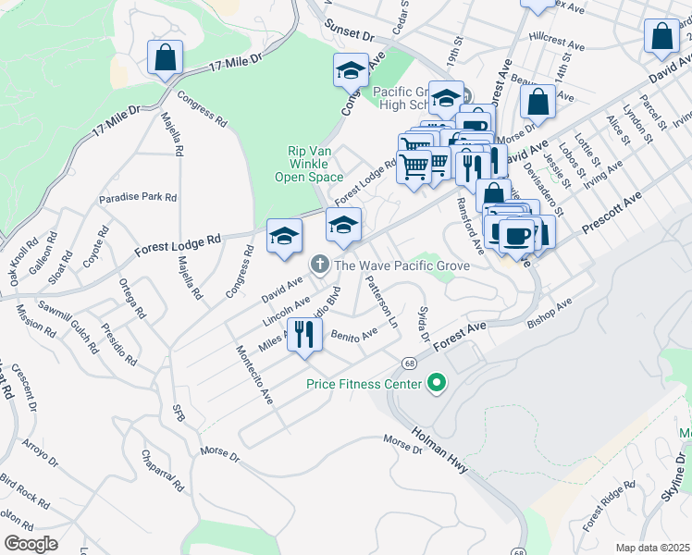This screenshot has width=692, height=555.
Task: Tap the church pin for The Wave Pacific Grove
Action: (x=320, y=265)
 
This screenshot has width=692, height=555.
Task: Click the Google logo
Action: (x=31, y=544)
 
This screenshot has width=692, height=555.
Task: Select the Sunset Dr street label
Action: (x=347, y=33)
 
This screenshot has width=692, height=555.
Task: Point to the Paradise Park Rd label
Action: (x=138, y=197)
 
